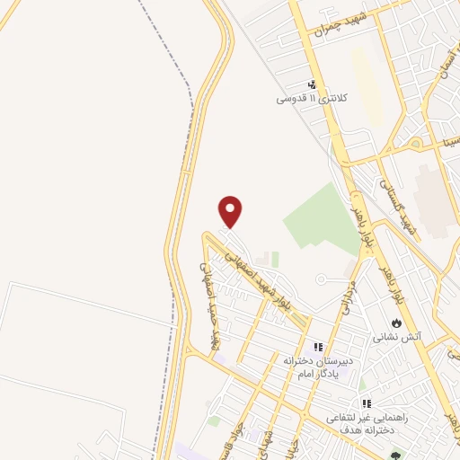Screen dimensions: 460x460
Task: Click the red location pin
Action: [231, 211]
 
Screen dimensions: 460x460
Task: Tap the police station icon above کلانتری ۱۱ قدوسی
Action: [312, 84]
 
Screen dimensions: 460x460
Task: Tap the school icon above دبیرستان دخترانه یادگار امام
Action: [317, 346]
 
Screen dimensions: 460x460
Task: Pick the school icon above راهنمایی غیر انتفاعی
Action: [366, 404]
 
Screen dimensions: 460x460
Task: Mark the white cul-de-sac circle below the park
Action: [320, 279]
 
